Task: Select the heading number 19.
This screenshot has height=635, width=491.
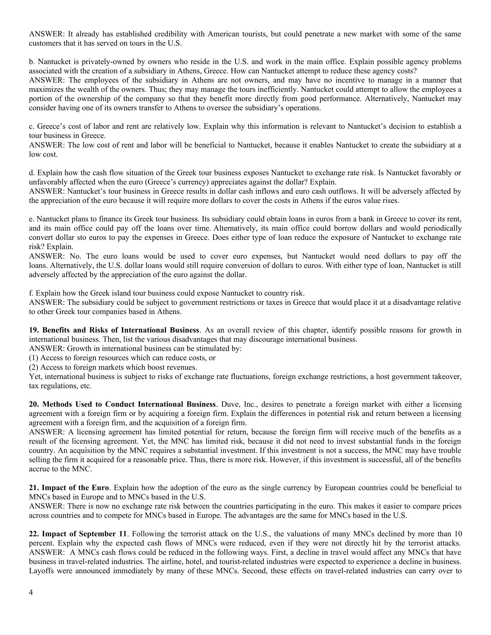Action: tap(34, 330)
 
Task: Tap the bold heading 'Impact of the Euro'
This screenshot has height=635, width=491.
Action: tap(75, 488)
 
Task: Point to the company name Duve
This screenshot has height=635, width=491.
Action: tap(231, 404)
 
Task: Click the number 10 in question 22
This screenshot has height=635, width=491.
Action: tap(457, 534)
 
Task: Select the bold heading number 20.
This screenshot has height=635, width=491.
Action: tap(34, 404)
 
